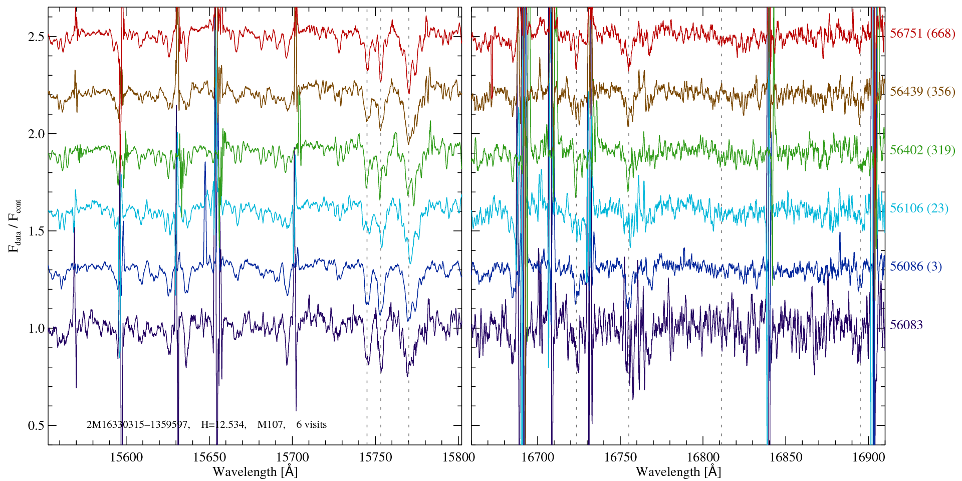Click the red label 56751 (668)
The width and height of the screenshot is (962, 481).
pyautogui.click(x=922, y=34)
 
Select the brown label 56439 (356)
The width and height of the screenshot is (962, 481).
pyautogui.click(x=922, y=92)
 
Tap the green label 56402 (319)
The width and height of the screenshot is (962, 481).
pyautogui.click(x=922, y=150)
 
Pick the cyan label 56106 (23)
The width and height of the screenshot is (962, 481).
pyautogui.click(x=919, y=208)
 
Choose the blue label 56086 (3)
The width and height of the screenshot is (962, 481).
pyautogui.click(x=915, y=267)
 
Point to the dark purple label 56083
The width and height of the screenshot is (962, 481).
pyautogui.click(x=906, y=325)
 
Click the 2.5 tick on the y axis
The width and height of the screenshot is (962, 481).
pyautogui.click(x=36, y=37)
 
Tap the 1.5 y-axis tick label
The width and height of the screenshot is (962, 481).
pyautogui.click(x=36, y=231)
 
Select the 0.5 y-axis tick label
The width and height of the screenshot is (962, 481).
pyautogui.click(x=36, y=426)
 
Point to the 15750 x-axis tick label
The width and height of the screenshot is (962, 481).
pyautogui.click(x=376, y=457)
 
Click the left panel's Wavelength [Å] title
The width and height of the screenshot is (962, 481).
pyautogui.click(x=255, y=472)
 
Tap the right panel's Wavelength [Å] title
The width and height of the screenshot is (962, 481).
pyautogui.click(x=678, y=472)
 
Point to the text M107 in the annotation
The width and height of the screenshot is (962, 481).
pyautogui.click(x=271, y=425)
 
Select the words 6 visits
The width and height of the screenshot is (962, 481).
pyautogui.click(x=311, y=425)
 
